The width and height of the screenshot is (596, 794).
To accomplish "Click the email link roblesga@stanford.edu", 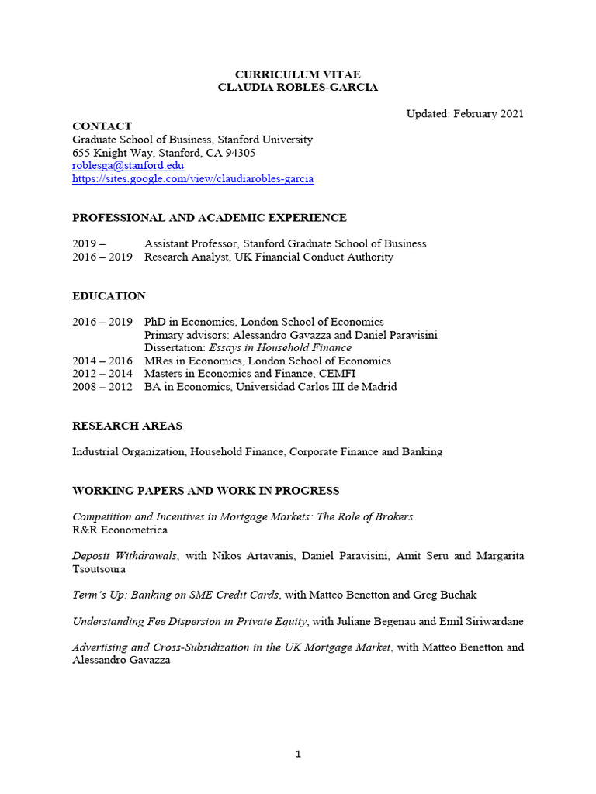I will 128,166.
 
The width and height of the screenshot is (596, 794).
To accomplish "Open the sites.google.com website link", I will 192,179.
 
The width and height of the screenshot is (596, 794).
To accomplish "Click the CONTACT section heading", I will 102,126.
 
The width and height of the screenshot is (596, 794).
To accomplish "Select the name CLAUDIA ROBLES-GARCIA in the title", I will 298,88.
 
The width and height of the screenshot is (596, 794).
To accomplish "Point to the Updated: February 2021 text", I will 465,114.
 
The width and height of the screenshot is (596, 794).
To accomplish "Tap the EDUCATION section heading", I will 109,296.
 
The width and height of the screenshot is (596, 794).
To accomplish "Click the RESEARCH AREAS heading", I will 127,426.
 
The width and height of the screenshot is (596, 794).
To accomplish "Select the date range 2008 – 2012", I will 102,387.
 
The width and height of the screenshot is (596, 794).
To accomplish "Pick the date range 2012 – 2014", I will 102,374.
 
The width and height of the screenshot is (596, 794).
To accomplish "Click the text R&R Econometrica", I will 120,530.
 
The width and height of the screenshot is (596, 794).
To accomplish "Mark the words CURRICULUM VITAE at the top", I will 298,74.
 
